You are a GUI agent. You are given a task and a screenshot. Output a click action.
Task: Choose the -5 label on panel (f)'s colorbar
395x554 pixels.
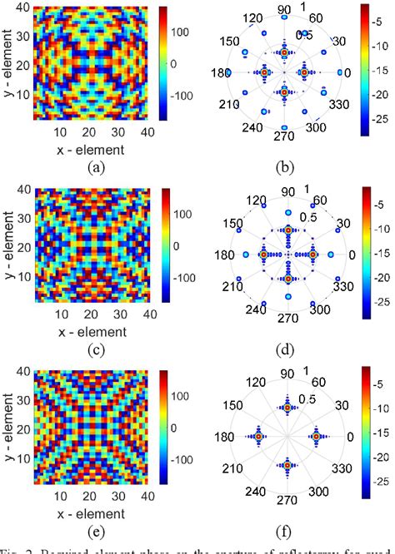(375, 385)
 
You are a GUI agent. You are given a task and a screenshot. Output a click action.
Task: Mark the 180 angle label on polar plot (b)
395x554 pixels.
(221, 73)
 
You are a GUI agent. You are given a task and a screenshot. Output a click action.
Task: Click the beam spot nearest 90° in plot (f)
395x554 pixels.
(287, 408)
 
